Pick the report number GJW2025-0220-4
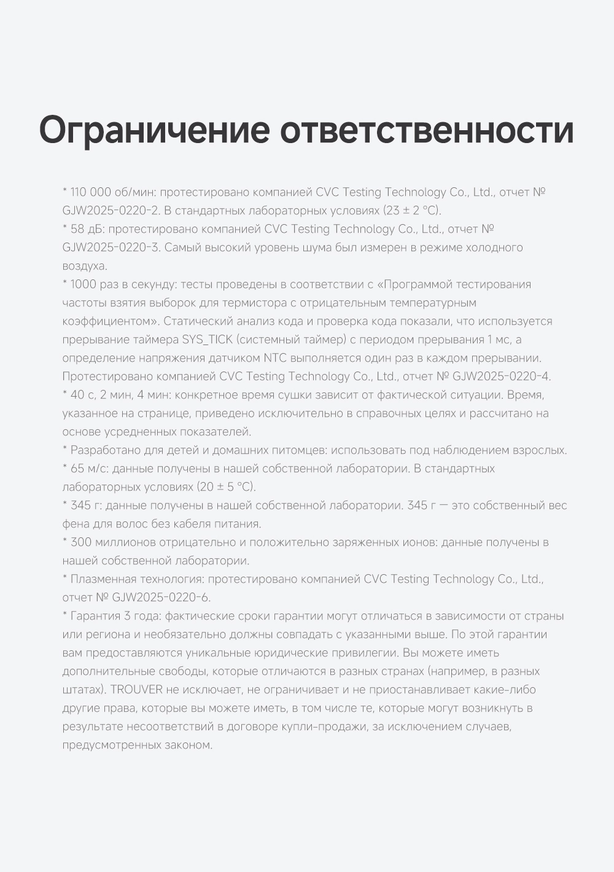(x=502, y=376)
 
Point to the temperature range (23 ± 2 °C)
(x=412, y=211)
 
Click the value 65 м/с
(x=88, y=469)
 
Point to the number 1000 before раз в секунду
(x=83, y=284)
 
